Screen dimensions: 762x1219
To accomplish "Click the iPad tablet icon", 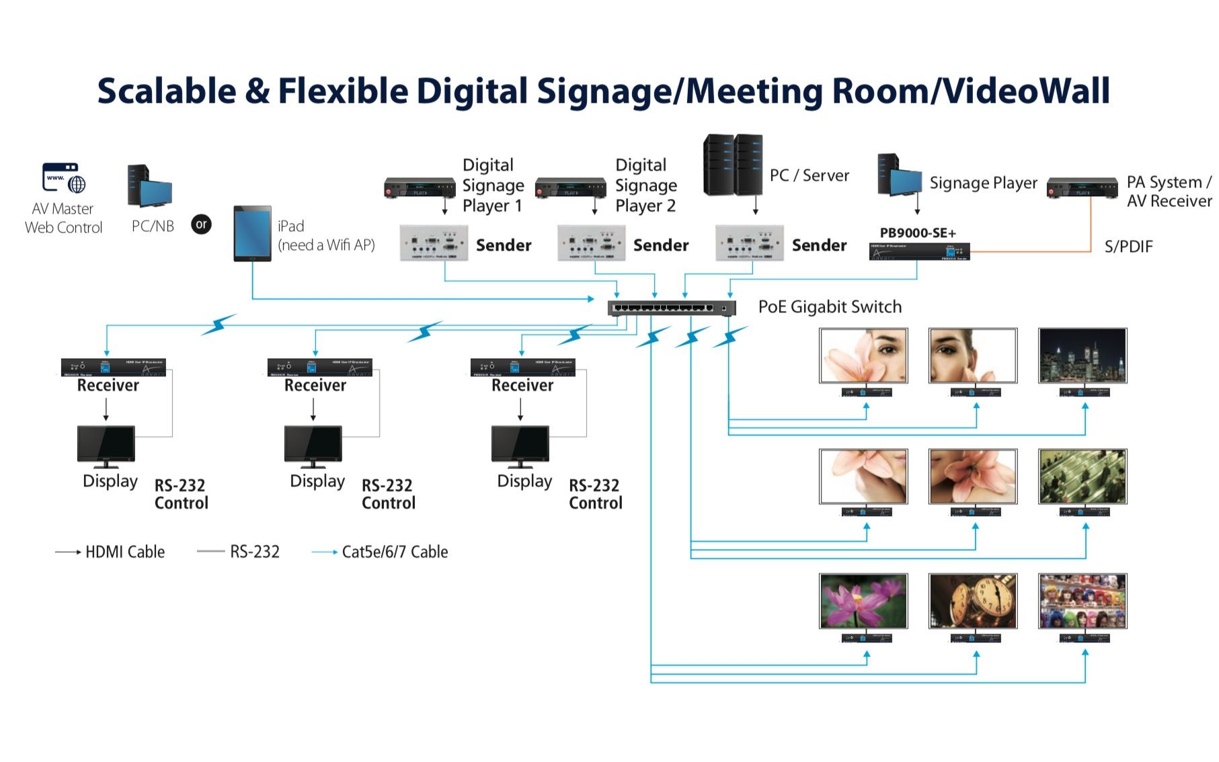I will (x=252, y=233).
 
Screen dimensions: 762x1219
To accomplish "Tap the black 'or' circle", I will (x=201, y=224).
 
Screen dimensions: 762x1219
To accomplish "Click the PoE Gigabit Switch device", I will (x=671, y=308).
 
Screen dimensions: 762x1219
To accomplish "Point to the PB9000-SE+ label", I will (x=917, y=233).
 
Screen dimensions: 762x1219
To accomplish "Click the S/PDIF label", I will (x=1128, y=247).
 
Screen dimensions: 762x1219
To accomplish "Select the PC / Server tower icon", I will (x=733, y=165).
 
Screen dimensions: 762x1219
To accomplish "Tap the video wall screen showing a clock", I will (x=972, y=601).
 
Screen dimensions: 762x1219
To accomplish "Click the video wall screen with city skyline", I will (x=1082, y=355).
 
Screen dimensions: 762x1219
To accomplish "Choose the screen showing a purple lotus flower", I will (x=863, y=601).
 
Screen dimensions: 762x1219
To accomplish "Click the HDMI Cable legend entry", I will (x=124, y=552).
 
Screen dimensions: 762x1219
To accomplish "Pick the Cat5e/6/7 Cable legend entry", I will (x=395, y=552).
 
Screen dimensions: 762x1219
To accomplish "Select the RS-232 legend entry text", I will (x=254, y=552).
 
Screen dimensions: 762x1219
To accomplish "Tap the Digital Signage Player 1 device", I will (x=420, y=188).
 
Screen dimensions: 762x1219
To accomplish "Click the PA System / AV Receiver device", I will (x=1082, y=188).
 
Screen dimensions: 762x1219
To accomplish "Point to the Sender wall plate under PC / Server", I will (x=749, y=243).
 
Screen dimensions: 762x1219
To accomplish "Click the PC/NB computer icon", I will (x=149, y=186).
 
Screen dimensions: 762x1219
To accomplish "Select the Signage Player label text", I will (x=983, y=183).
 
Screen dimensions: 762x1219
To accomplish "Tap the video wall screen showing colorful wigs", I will (x=1082, y=601).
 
